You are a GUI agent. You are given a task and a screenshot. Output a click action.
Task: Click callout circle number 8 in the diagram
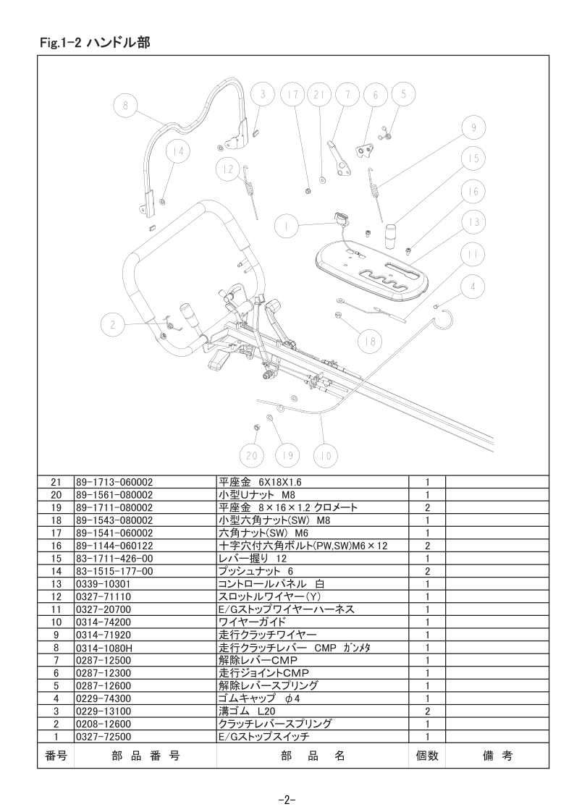coord(124,105)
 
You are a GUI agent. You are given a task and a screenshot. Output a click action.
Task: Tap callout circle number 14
coord(178,153)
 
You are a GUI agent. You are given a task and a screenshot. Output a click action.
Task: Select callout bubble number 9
coord(473,128)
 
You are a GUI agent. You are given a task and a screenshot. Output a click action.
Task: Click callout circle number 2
coord(112,326)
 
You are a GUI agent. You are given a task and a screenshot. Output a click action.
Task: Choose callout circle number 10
coord(326,456)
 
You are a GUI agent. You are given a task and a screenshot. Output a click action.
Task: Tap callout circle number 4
coord(473,287)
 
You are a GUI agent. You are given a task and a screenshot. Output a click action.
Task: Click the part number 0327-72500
coord(104,737)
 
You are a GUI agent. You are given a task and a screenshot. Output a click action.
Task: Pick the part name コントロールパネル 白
coord(272,583)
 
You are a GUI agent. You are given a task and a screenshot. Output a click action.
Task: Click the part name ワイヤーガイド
coord(253,622)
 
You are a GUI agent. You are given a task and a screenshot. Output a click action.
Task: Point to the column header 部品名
coord(313,756)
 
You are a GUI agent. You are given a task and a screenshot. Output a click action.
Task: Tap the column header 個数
coord(427,756)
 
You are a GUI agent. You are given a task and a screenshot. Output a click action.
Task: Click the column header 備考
coord(497,756)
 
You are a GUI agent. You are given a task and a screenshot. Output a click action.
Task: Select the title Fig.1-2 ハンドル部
coord(96,43)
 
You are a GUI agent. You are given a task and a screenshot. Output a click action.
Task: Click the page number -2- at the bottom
coord(287,800)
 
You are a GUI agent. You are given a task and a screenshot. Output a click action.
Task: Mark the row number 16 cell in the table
coord(56,546)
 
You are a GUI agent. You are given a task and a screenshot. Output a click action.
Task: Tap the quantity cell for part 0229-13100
coord(427,711)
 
